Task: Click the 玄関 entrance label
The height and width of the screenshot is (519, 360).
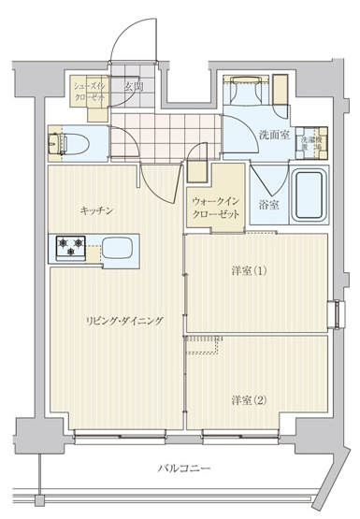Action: (x=133, y=87)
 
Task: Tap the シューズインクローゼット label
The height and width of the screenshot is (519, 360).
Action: (x=89, y=91)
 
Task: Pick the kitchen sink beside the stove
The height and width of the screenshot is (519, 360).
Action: (x=118, y=249)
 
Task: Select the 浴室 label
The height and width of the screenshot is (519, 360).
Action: (x=268, y=204)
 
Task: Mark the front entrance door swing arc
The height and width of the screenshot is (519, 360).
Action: (x=126, y=42)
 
